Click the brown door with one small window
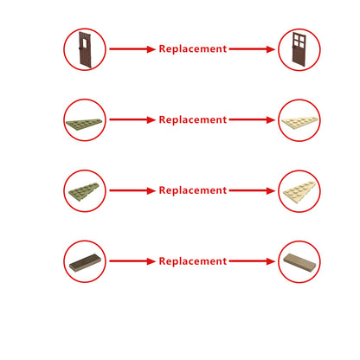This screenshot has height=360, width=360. pos(85,49)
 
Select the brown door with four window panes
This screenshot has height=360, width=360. pos(299,49)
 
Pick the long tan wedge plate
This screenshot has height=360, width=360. pos(299,122)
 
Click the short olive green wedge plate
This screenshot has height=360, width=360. pos(84,190)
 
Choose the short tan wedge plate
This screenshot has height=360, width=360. pos(299,191)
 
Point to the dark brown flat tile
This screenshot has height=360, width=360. pos(85,262)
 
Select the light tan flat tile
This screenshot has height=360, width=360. pos(299,262)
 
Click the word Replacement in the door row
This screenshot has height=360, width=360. pos(193,49)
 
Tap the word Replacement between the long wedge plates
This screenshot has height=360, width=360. pos(193,119)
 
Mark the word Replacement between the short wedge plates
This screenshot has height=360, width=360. pos(193,190)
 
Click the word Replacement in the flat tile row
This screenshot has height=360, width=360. pos(193,261)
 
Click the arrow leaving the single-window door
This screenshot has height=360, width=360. pos(132,49)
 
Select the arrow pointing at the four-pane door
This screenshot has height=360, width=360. pos(252,49)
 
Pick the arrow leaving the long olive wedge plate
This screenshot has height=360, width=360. pos(132,119)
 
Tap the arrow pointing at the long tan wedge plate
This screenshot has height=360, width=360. pos(252,119)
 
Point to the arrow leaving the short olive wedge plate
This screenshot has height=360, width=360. pos(132,190)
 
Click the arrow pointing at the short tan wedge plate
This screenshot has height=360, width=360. pos(252,190)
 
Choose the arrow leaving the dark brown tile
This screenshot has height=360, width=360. pos(132,261)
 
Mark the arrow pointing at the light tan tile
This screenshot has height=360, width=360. pos(252,261)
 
